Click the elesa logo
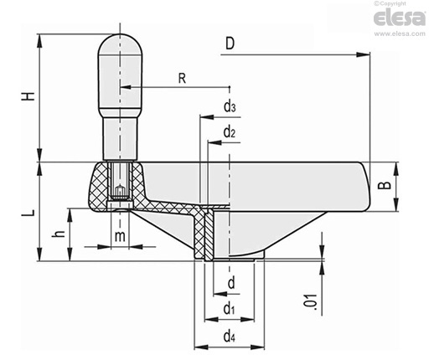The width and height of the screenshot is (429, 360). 400,18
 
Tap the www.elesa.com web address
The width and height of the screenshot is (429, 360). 400,33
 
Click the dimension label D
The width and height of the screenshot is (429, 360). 230,44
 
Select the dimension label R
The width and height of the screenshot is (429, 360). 182,79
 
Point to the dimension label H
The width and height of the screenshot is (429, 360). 29,95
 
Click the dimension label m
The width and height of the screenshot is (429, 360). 120,236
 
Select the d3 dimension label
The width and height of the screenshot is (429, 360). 230,106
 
